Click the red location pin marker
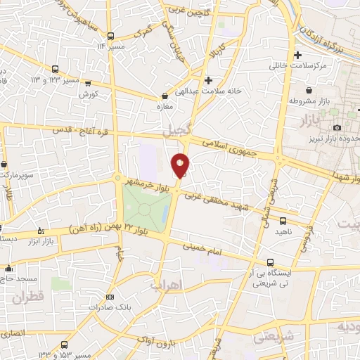pos(180,165)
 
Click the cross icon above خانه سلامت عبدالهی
pos(208,80)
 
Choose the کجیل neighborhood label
pos(176,131)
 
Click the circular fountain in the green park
pos(145,208)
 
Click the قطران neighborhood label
pos(27,297)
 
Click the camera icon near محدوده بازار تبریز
pos(337,127)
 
